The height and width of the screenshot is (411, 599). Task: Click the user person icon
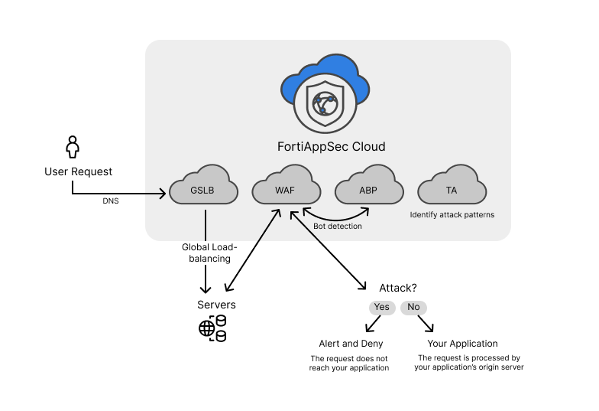pyautogui.click(x=73, y=148)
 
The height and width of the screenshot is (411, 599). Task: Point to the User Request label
pyautogui.click(x=78, y=171)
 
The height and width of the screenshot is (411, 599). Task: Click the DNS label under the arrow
pyautogui.click(x=111, y=201)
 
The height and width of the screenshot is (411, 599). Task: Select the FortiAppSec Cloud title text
pyautogui.click(x=331, y=146)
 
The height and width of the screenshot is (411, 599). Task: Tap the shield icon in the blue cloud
pyautogui.click(x=325, y=103)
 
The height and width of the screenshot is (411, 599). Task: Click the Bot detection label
pyautogui.click(x=337, y=227)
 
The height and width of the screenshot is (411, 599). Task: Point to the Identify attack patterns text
pyautogui.click(x=452, y=215)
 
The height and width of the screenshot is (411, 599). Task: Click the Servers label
pyautogui.click(x=216, y=305)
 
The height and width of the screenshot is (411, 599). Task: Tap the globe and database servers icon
pyautogui.click(x=212, y=328)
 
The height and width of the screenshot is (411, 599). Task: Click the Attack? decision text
pyautogui.click(x=397, y=288)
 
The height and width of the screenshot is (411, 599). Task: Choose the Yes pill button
pyautogui.click(x=381, y=307)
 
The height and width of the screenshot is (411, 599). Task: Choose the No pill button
pyautogui.click(x=413, y=307)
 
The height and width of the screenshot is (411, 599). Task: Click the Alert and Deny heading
pyautogui.click(x=351, y=344)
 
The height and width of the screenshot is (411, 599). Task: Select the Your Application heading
pyautogui.click(x=462, y=344)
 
